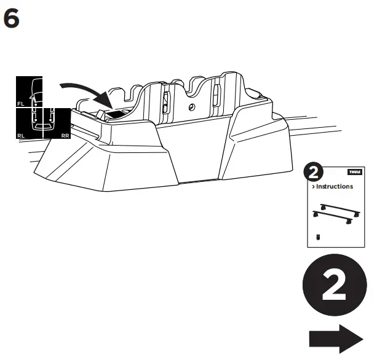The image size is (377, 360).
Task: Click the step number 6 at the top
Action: point(12,20)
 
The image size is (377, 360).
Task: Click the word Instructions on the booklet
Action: point(336,187)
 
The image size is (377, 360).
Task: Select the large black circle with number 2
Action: point(333,288)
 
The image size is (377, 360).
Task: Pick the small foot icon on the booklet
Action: point(318,236)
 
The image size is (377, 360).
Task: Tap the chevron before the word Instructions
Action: point(314,187)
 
